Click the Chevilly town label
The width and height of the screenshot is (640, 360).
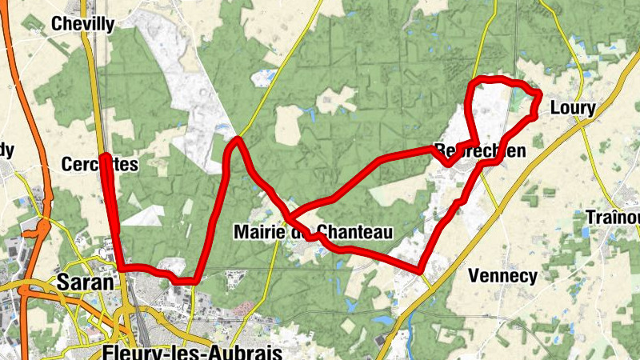coord(82,24)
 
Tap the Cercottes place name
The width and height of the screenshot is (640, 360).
coord(100,164)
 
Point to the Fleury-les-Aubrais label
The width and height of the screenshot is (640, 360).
coord(193,353)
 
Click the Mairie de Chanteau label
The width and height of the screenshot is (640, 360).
coord(314,233)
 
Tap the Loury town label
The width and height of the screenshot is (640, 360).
coord(574,108)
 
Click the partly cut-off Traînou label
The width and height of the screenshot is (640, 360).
coord(613,218)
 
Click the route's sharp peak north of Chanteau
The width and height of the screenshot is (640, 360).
coord(237,141)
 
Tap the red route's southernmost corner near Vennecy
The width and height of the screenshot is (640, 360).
coord(420,270)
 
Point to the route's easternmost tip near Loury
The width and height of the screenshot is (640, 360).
coord(540,96)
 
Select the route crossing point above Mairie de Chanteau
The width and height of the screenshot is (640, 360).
coord(290,217)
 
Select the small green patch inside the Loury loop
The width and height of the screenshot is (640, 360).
coord(521,102)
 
